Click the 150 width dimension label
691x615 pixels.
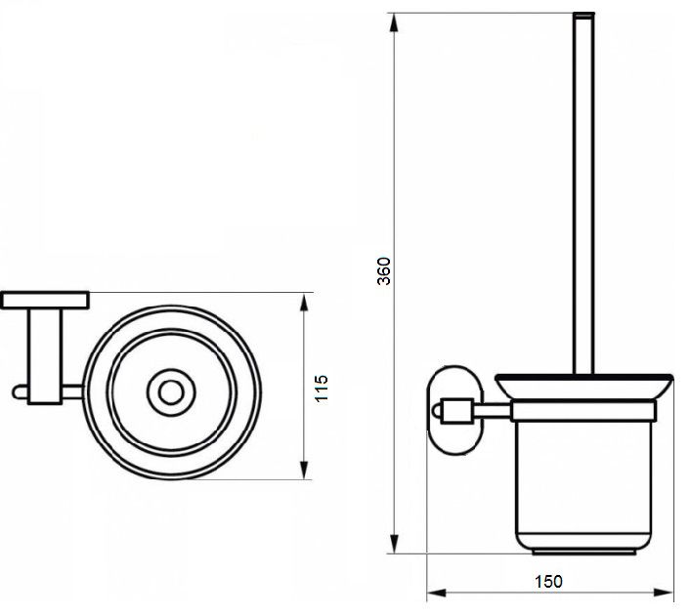tap(556, 591)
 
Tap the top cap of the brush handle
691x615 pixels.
tap(592, 16)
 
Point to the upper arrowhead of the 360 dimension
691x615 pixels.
tap(401, 22)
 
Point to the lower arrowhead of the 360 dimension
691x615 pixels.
tap(401, 553)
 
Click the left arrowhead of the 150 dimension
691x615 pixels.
tap(444, 601)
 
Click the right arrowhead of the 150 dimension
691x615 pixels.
tap(672, 601)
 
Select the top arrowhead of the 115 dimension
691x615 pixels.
tap(309, 307)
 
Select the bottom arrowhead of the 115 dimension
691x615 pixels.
tap(309, 477)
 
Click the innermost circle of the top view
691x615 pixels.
tap(174, 398)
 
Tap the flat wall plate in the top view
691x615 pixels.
tap(46, 306)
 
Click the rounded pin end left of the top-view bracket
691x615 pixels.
tap(20, 399)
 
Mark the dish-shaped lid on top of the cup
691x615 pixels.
tap(592, 393)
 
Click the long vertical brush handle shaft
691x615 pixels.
tap(592, 198)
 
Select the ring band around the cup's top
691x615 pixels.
tap(592, 418)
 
